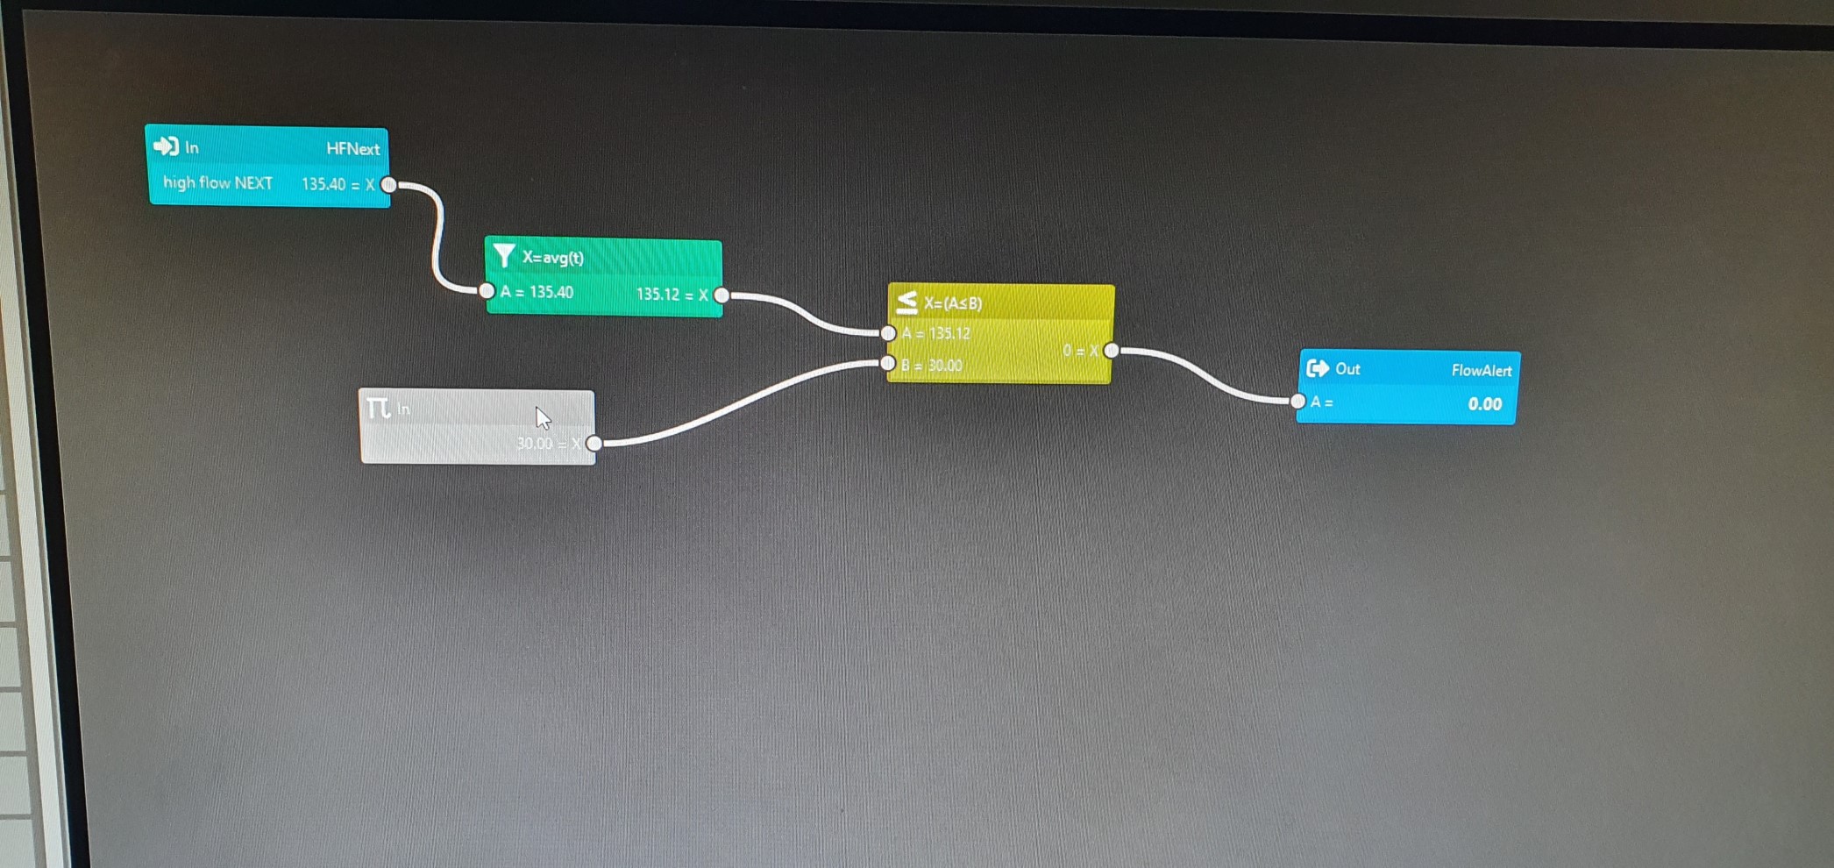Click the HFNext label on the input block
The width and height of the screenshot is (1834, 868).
point(352,149)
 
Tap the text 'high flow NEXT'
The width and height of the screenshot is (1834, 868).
point(217,183)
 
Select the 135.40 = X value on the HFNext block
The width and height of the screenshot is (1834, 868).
point(338,184)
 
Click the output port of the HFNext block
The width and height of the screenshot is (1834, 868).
point(389,184)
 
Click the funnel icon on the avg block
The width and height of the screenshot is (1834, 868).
point(504,255)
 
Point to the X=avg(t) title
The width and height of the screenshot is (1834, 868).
point(552,258)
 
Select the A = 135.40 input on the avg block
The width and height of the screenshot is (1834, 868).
point(537,292)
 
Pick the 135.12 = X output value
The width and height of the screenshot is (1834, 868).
point(672,295)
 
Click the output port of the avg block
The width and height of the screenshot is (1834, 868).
point(722,295)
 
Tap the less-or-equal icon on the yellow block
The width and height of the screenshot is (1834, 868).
point(906,302)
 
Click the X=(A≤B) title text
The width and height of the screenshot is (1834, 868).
point(953,303)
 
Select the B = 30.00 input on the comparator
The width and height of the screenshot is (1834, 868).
point(931,366)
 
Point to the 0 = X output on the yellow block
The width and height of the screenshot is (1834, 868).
point(1080,352)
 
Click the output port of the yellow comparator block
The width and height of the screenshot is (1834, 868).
point(1112,351)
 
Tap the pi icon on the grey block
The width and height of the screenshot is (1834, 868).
point(378,408)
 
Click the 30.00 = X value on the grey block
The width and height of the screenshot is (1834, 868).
point(548,444)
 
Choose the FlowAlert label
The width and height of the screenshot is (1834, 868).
point(1481,371)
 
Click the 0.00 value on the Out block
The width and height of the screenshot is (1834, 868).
point(1484,404)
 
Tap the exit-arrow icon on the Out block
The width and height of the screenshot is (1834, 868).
point(1317,368)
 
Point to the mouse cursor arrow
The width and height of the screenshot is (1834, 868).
point(543,417)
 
